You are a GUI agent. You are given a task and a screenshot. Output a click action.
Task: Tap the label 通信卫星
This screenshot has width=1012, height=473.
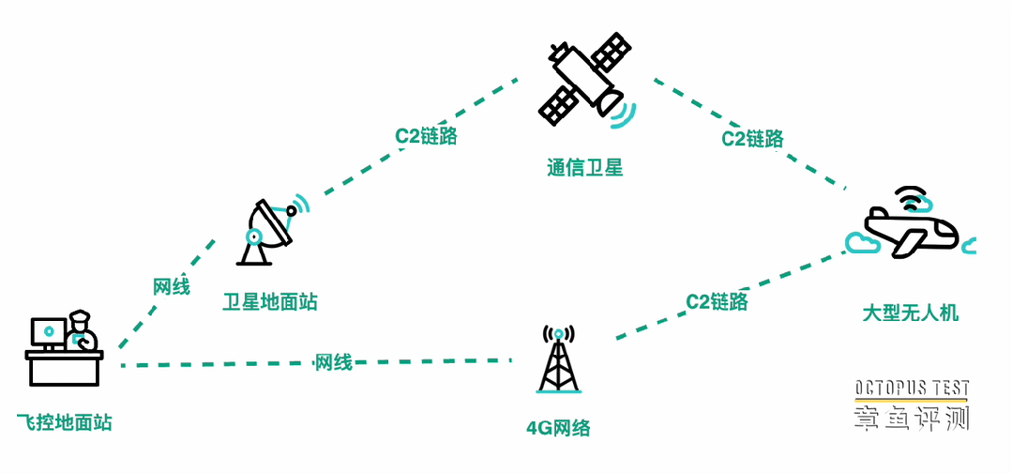point(584,169)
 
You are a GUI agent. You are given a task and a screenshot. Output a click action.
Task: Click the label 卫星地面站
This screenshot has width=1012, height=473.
point(270,302)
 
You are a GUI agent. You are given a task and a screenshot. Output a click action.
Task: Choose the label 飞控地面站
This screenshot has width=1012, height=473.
point(65,422)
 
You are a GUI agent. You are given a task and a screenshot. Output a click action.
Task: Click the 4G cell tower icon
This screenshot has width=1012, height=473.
point(559,360)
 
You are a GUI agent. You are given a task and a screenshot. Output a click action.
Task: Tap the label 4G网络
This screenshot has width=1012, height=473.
point(558,429)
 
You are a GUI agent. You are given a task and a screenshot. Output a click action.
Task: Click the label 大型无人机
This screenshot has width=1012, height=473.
point(910,313)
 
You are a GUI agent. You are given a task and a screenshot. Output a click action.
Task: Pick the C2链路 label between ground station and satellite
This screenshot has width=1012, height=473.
point(426,136)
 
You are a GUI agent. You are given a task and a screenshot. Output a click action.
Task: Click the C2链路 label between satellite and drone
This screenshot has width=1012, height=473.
point(752,139)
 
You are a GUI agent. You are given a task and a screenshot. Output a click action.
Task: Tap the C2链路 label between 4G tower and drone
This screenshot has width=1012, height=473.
point(717,302)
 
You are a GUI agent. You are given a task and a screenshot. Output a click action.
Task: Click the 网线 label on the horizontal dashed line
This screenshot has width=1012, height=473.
point(334,362)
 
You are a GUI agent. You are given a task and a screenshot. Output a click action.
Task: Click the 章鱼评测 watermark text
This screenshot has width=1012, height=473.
point(911,418)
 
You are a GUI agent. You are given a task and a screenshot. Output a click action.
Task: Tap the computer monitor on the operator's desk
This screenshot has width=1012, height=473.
point(48,332)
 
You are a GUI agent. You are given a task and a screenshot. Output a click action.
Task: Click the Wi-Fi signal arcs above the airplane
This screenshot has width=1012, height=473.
point(908,198)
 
